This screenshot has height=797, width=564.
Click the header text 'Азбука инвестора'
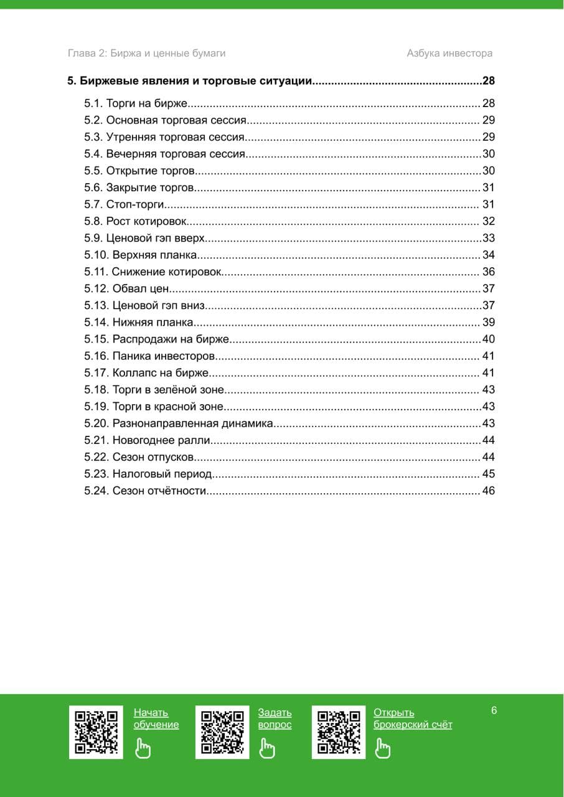[x=449, y=54]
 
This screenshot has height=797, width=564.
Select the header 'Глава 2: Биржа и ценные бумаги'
[x=146, y=54]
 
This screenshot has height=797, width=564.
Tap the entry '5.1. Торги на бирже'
[x=136, y=103]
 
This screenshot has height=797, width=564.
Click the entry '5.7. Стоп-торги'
[x=124, y=204]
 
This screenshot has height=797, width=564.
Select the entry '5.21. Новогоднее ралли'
[x=147, y=440]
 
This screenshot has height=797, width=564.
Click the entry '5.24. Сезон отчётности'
[x=144, y=491]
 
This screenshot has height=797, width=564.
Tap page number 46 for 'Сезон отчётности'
[x=488, y=491]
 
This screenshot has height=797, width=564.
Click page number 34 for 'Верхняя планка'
[x=488, y=255]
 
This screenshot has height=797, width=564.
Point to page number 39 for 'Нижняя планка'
[x=488, y=322]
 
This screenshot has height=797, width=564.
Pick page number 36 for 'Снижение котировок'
[x=488, y=271]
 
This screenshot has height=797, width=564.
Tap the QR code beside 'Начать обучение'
[x=96, y=732]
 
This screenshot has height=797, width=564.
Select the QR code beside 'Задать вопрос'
[x=222, y=732]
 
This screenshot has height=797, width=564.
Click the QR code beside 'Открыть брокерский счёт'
[x=339, y=732]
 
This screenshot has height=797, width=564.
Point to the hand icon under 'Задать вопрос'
[x=267, y=747]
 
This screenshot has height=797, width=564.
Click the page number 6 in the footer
[x=494, y=710]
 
